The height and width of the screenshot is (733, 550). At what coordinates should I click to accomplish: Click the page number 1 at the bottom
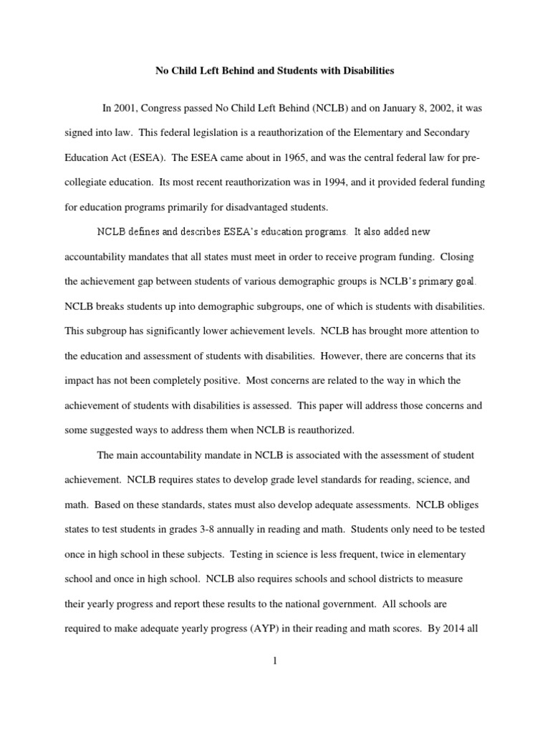[275, 661]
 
